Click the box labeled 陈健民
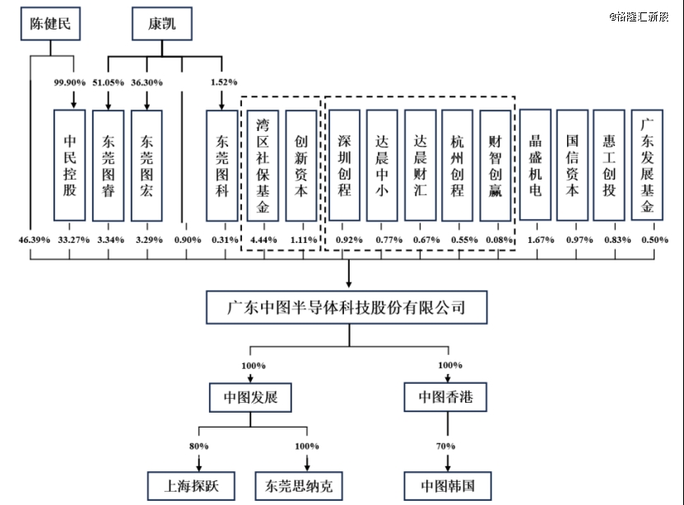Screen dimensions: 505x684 pyautogui.click(x=51, y=25)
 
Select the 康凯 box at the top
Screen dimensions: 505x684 pyautogui.click(x=161, y=25)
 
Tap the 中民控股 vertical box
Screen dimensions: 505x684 pyautogui.click(x=70, y=165)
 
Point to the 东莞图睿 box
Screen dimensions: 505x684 pyautogui.click(x=109, y=165)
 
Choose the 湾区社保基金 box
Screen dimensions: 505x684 pyautogui.click(x=263, y=165)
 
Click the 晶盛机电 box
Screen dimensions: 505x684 pyautogui.click(x=535, y=165)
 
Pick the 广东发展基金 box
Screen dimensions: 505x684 pyautogui.click(x=648, y=165)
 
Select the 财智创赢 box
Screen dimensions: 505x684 pyautogui.click(x=496, y=165)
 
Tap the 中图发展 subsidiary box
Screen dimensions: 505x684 pyautogui.click(x=250, y=398)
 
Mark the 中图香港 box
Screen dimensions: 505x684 pyautogui.click(x=445, y=398)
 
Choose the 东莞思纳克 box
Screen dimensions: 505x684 pyautogui.click(x=299, y=484)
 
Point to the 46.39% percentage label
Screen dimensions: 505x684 pyautogui.click(x=30, y=240)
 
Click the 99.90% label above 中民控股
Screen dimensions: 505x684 pyautogui.click(x=71, y=82)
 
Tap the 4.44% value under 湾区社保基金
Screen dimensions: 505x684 pyautogui.click(x=263, y=240)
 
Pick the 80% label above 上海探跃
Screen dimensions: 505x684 pyautogui.click(x=198, y=446)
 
